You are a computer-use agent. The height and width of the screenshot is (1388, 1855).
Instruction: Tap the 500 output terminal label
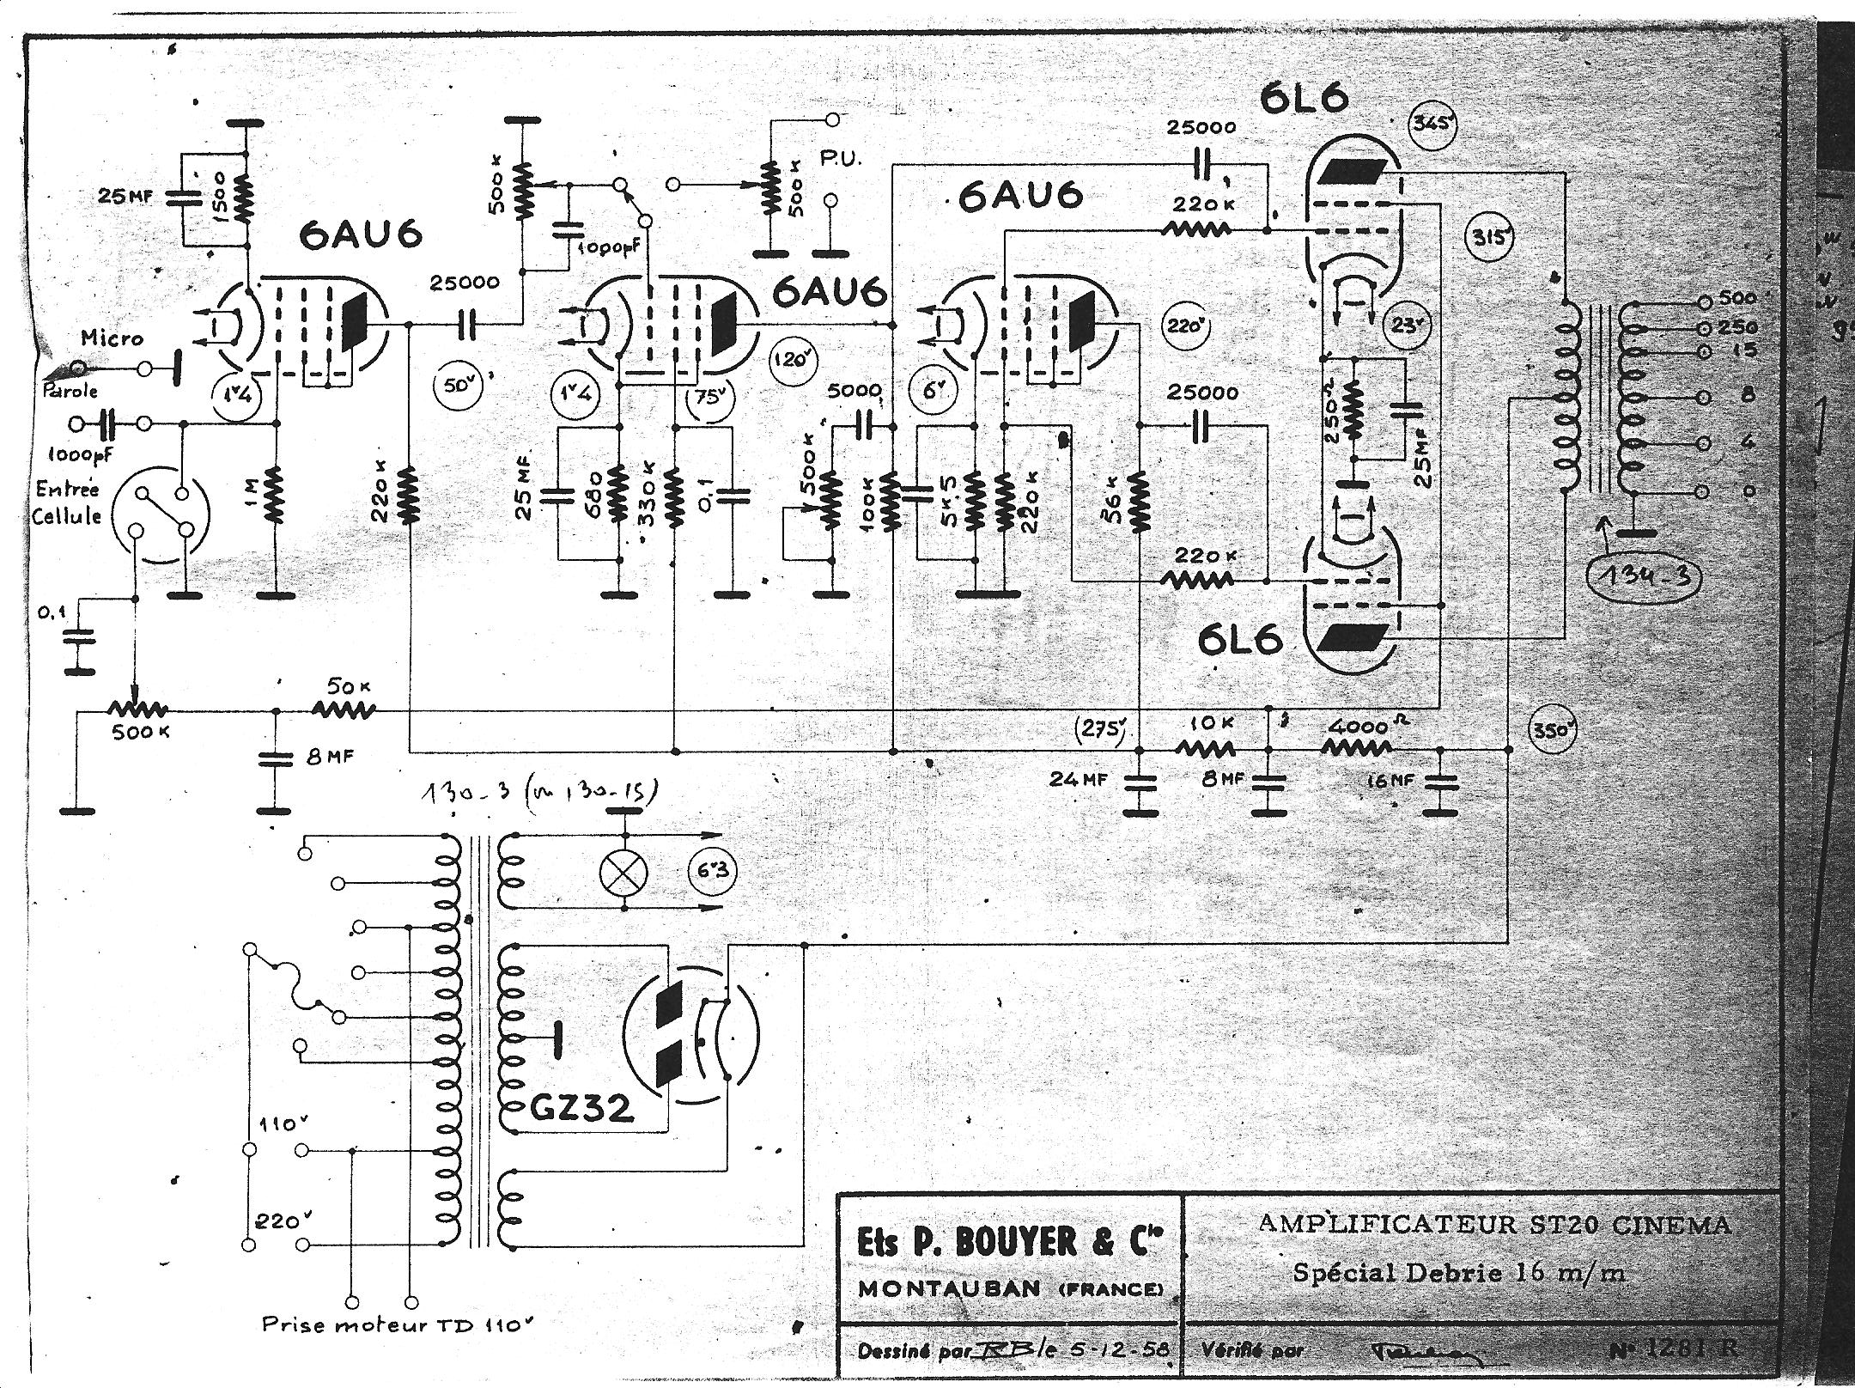1740,298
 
